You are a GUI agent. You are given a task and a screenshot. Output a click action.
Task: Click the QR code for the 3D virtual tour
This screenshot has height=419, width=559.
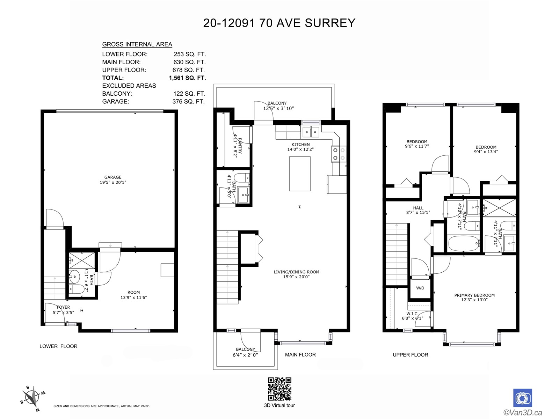(x=279, y=389)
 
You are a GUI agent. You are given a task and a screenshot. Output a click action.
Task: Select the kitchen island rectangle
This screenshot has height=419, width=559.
(x=300, y=174)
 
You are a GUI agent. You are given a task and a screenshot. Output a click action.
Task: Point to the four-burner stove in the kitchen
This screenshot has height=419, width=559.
(x=339, y=154)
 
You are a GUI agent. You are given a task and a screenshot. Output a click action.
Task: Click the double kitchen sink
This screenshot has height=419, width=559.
(x=311, y=132)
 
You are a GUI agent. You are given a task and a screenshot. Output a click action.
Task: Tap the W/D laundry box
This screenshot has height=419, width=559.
(x=420, y=288)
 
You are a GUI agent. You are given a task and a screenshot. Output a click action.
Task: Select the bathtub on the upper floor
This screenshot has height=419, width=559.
(x=464, y=243)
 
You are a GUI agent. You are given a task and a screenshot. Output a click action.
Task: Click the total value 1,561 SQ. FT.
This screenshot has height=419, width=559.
(x=187, y=78)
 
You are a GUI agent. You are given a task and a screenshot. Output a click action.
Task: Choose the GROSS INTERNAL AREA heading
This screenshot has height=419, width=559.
(x=137, y=44)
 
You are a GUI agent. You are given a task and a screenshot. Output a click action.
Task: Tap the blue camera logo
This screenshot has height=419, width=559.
(x=523, y=398)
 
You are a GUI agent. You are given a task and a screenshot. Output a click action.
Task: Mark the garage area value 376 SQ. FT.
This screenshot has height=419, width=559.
(x=188, y=102)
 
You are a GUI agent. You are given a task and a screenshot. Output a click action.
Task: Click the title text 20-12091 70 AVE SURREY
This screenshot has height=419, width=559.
(x=279, y=23)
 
